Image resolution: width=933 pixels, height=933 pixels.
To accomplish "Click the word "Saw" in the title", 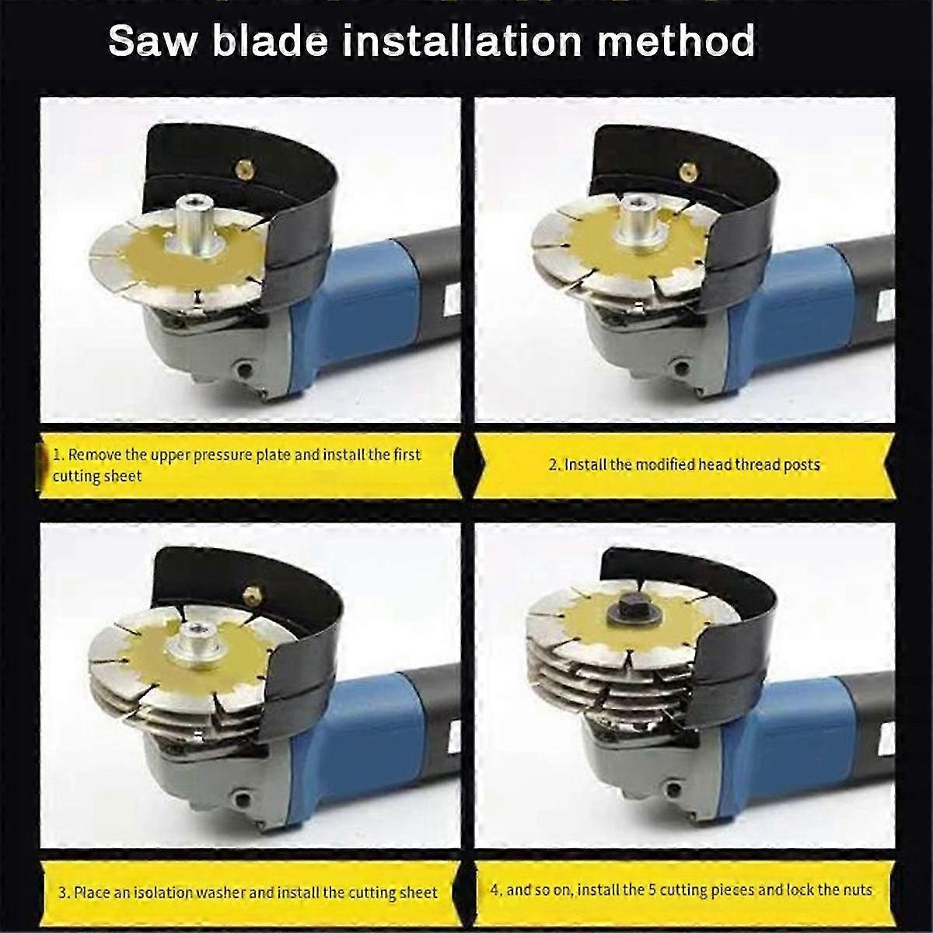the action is coord(153,42).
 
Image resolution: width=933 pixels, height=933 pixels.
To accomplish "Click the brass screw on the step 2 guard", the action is coord(687,170).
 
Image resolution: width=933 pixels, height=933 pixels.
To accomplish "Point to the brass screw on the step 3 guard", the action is coord(250,592).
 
